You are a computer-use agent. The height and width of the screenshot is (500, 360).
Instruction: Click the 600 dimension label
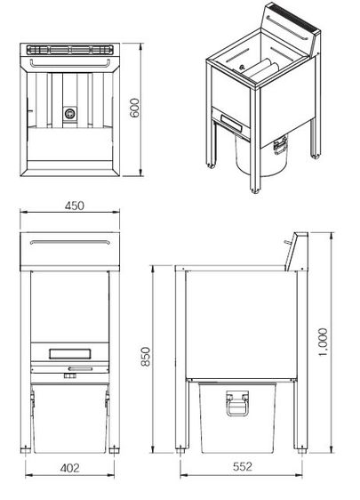pyautogui.click(x=135, y=109)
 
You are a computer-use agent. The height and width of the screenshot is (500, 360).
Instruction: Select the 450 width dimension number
pyautogui.click(x=75, y=206)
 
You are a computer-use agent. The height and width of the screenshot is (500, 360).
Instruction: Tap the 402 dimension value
pyautogui.click(x=69, y=468)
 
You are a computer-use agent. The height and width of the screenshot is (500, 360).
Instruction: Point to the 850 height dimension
pyautogui.click(x=145, y=357)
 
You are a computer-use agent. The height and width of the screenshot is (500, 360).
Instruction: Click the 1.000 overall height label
pyautogui.click(x=323, y=343)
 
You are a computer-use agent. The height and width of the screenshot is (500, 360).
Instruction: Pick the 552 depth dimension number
pyautogui.click(x=243, y=467)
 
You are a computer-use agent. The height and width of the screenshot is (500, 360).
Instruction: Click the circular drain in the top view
pyautogui.click(x=69, y=113)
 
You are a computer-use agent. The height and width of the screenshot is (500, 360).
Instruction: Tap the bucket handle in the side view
pyautogui.click(x=236, y=403)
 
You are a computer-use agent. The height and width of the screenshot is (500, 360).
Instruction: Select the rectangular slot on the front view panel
pyautogui.click(x=69, y=353)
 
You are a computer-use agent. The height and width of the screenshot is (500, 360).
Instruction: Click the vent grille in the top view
pyautogui.click(x=69, y=50)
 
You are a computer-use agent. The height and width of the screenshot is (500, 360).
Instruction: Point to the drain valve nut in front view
pyautogui.click(x=69, y=376)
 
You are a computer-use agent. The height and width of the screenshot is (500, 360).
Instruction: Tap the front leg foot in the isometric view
pyautogui.click(x=254, y=191)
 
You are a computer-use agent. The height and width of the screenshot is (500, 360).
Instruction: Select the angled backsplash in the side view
pyautogui.click(x=296, y=251)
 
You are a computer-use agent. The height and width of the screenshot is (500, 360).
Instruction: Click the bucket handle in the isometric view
pyautogui.click(x=280, y=145)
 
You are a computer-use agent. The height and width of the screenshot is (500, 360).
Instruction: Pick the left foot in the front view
pyautogui.click(x=26, y=450)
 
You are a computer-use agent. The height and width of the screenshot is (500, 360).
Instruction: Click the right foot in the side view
pyautogui.click(x=302, y=451)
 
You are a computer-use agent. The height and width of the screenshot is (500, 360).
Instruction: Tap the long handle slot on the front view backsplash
pyautogui.click(x=70, y=242)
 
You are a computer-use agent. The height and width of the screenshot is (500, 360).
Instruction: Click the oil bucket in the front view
pyautogui.click(x=69, y=418)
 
